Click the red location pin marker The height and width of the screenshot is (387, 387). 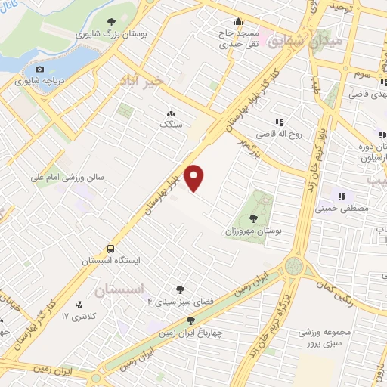click(x=195, y=177)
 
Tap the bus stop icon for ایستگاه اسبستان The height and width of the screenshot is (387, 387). click(x=111, y=248)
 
